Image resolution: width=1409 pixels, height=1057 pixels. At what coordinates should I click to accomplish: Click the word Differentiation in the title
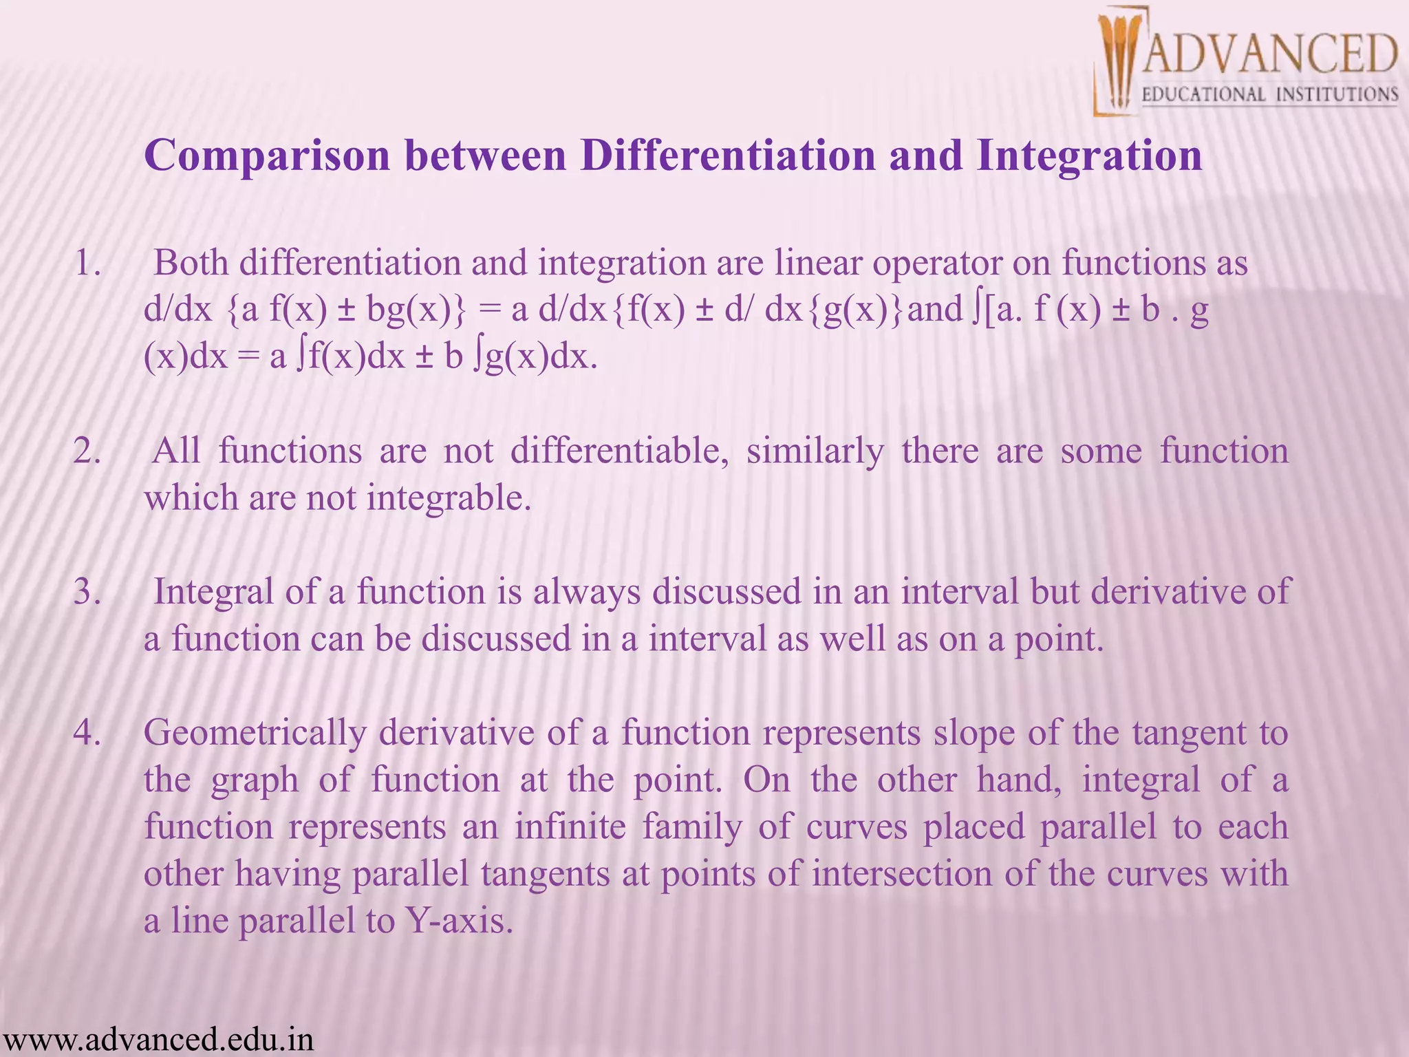[x=728, y=156]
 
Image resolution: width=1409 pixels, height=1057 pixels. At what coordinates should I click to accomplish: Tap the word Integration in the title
[x=1089, y=156]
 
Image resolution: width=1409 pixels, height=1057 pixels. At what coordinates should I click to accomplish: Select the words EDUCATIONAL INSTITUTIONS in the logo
[x=1269, y=94]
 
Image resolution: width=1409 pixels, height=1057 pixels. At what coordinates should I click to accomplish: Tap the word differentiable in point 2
[x=619, y=452]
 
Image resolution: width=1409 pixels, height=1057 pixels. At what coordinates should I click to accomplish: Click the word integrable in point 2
[x=449, y=498]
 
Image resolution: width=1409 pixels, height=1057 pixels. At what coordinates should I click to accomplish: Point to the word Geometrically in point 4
[x=255, y=733]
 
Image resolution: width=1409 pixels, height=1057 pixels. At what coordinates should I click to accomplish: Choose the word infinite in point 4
[x=570, y=826]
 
